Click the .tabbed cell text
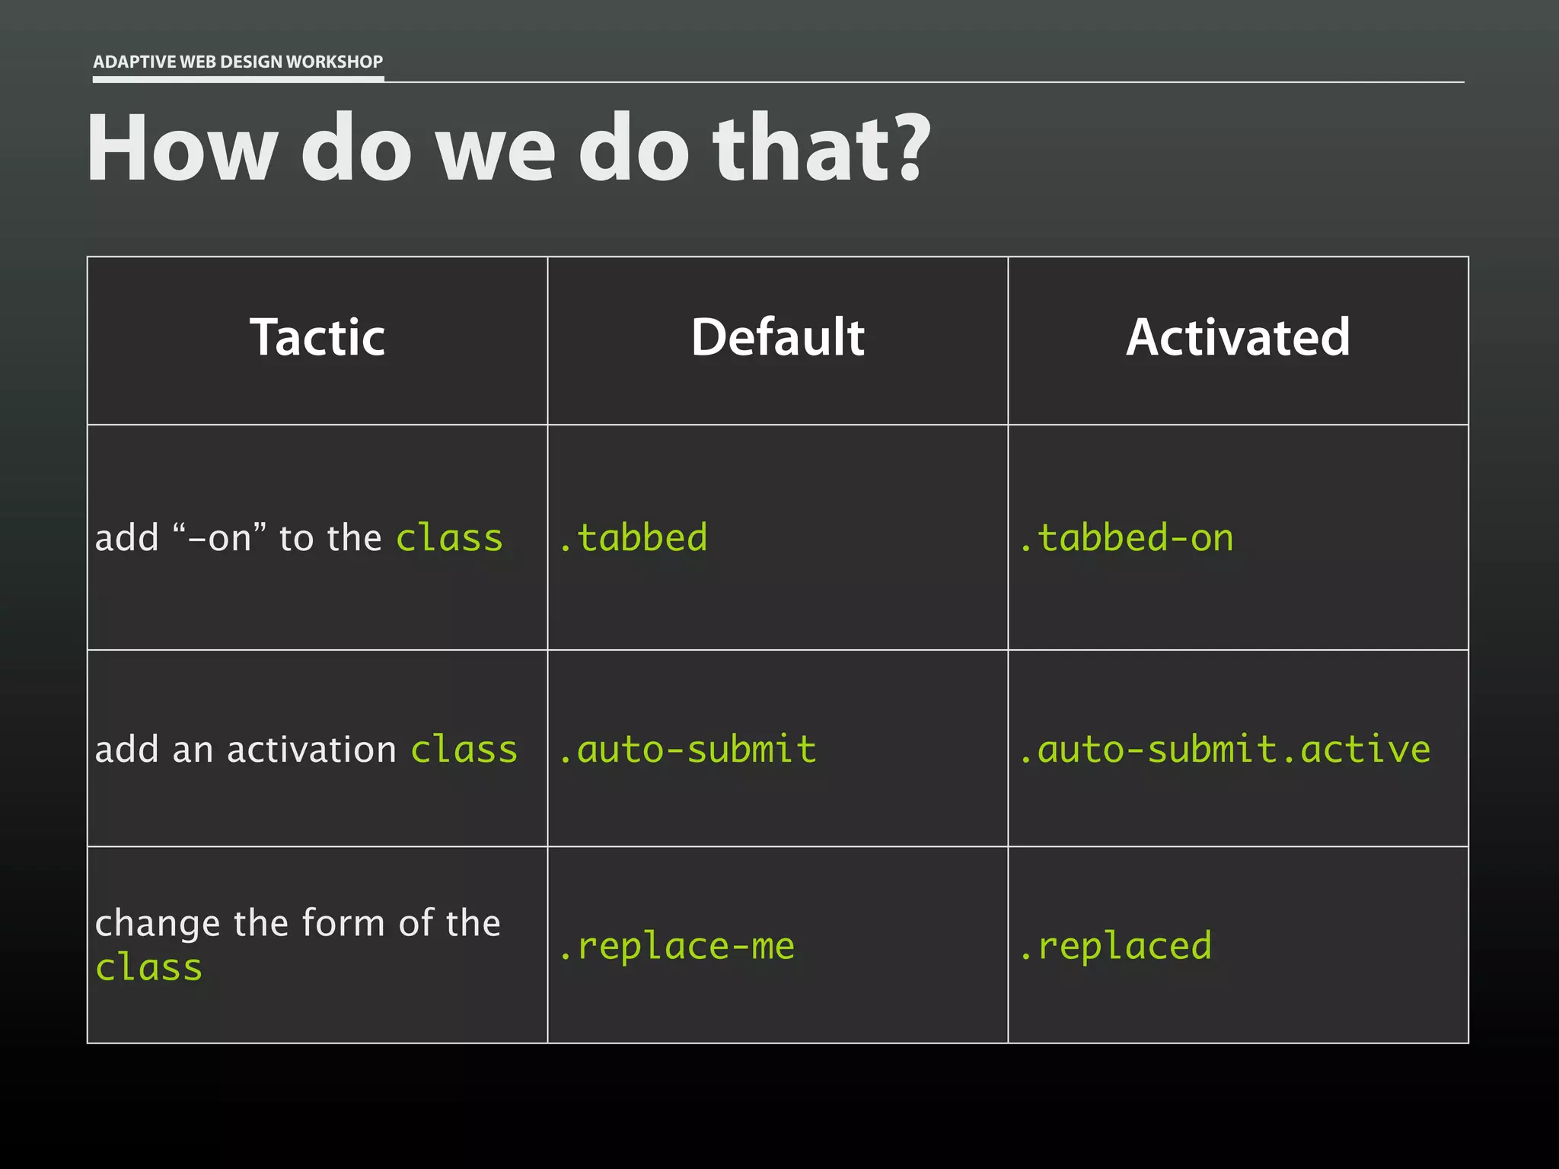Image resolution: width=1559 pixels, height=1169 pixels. pyautogui.click(x=633, y=538)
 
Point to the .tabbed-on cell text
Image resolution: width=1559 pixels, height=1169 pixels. pyautogui.click(x=1126, y=538)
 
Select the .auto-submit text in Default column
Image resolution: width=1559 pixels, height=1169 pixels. pyautogui.click(x=687, y=750)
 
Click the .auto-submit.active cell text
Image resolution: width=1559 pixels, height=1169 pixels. pyautogui.click(x=1224, y=750)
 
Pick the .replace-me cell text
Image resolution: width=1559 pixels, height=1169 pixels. pyautogui.click(x=677, y=946)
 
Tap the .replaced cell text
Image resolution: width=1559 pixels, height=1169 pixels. pyautogui.click(x=1115, y=946)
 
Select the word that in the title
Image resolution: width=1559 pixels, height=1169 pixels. pyautogui.click(x=799, y=148)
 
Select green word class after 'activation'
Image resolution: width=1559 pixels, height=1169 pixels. pyautogui.click(x=464, y=750)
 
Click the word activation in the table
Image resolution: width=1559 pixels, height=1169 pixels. pyautogui.click(x=311, y=750)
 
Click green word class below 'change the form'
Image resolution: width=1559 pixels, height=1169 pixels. pyautogui.click(x=149, y=968)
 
